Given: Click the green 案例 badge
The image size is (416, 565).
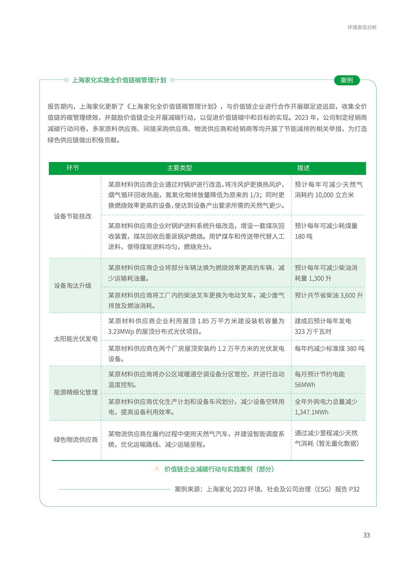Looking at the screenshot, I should coord(347,80).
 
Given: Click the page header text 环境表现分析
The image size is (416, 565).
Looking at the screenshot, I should coord(362,27).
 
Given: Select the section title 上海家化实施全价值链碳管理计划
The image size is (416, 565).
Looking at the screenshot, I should coord(119,80).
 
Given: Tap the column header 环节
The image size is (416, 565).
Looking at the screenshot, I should coord(73,168).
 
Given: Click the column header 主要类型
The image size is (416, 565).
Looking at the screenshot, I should coord(179,168).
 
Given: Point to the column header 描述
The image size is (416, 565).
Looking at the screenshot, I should coord(303,168).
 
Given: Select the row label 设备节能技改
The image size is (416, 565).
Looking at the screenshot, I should coord(73,216).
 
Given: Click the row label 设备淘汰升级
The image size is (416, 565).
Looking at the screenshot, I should coord(73,286).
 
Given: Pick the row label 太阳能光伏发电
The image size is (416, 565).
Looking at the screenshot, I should coord(76,339).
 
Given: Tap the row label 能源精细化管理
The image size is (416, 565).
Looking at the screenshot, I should coord(76,392).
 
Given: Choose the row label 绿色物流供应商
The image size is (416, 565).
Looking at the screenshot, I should coord(76,440).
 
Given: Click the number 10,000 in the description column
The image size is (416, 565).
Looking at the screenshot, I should coord(324,195).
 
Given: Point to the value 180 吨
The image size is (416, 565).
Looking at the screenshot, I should coord(304,236).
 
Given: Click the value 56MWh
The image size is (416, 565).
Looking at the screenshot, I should coord(305,385).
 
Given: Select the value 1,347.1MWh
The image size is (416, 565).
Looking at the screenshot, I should coord(312,412).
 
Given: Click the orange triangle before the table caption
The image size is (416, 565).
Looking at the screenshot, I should coord(156,469).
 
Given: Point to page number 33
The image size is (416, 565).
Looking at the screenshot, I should coord(366,535).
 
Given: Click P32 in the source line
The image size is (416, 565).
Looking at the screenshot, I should coord(354,489).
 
